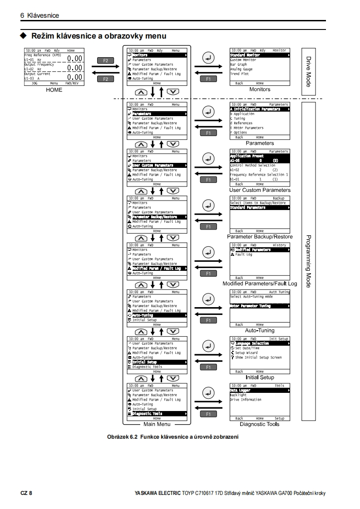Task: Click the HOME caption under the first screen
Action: tap(54, 90)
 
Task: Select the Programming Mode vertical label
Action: tap(308, 261)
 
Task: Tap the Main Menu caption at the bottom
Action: tap(157, 424)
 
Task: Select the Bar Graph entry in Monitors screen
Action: tap(239, 64)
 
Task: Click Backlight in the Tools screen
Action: tap(238, 395)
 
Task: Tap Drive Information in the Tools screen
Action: tap(246, 400)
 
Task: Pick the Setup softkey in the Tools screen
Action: tap(279, 418)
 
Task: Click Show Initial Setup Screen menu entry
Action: tap(258, 357)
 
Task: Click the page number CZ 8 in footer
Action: tap(26, 493)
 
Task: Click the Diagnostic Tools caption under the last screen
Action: tap(260, 424)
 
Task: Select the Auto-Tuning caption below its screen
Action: tap(260, 331)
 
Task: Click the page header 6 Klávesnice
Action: tap(40, 15)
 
